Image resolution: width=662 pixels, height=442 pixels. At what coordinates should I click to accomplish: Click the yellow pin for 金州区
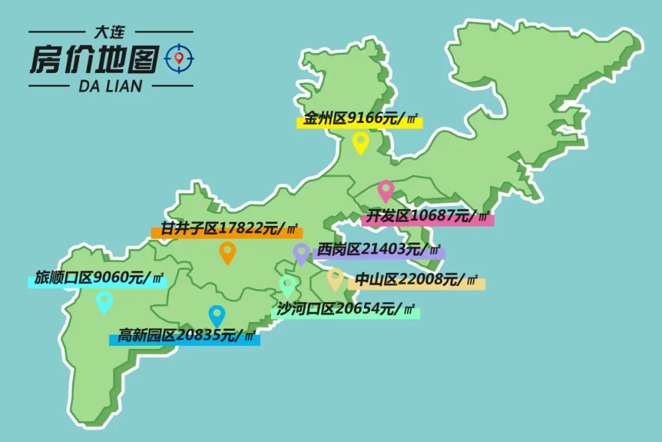360,142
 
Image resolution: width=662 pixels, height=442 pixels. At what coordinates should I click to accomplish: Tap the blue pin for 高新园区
216,315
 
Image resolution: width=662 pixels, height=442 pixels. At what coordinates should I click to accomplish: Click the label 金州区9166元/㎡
361,120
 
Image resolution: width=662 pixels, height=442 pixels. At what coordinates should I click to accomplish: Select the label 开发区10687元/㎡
428,217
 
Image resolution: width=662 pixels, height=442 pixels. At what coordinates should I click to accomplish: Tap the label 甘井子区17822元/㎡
227,230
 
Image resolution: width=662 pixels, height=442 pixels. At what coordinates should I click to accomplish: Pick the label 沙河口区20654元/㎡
346,309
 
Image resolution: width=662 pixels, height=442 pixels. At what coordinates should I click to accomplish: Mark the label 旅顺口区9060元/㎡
98,279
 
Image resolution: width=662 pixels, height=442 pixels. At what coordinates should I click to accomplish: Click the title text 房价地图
94,59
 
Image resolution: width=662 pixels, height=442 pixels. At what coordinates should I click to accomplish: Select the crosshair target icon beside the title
179,58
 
